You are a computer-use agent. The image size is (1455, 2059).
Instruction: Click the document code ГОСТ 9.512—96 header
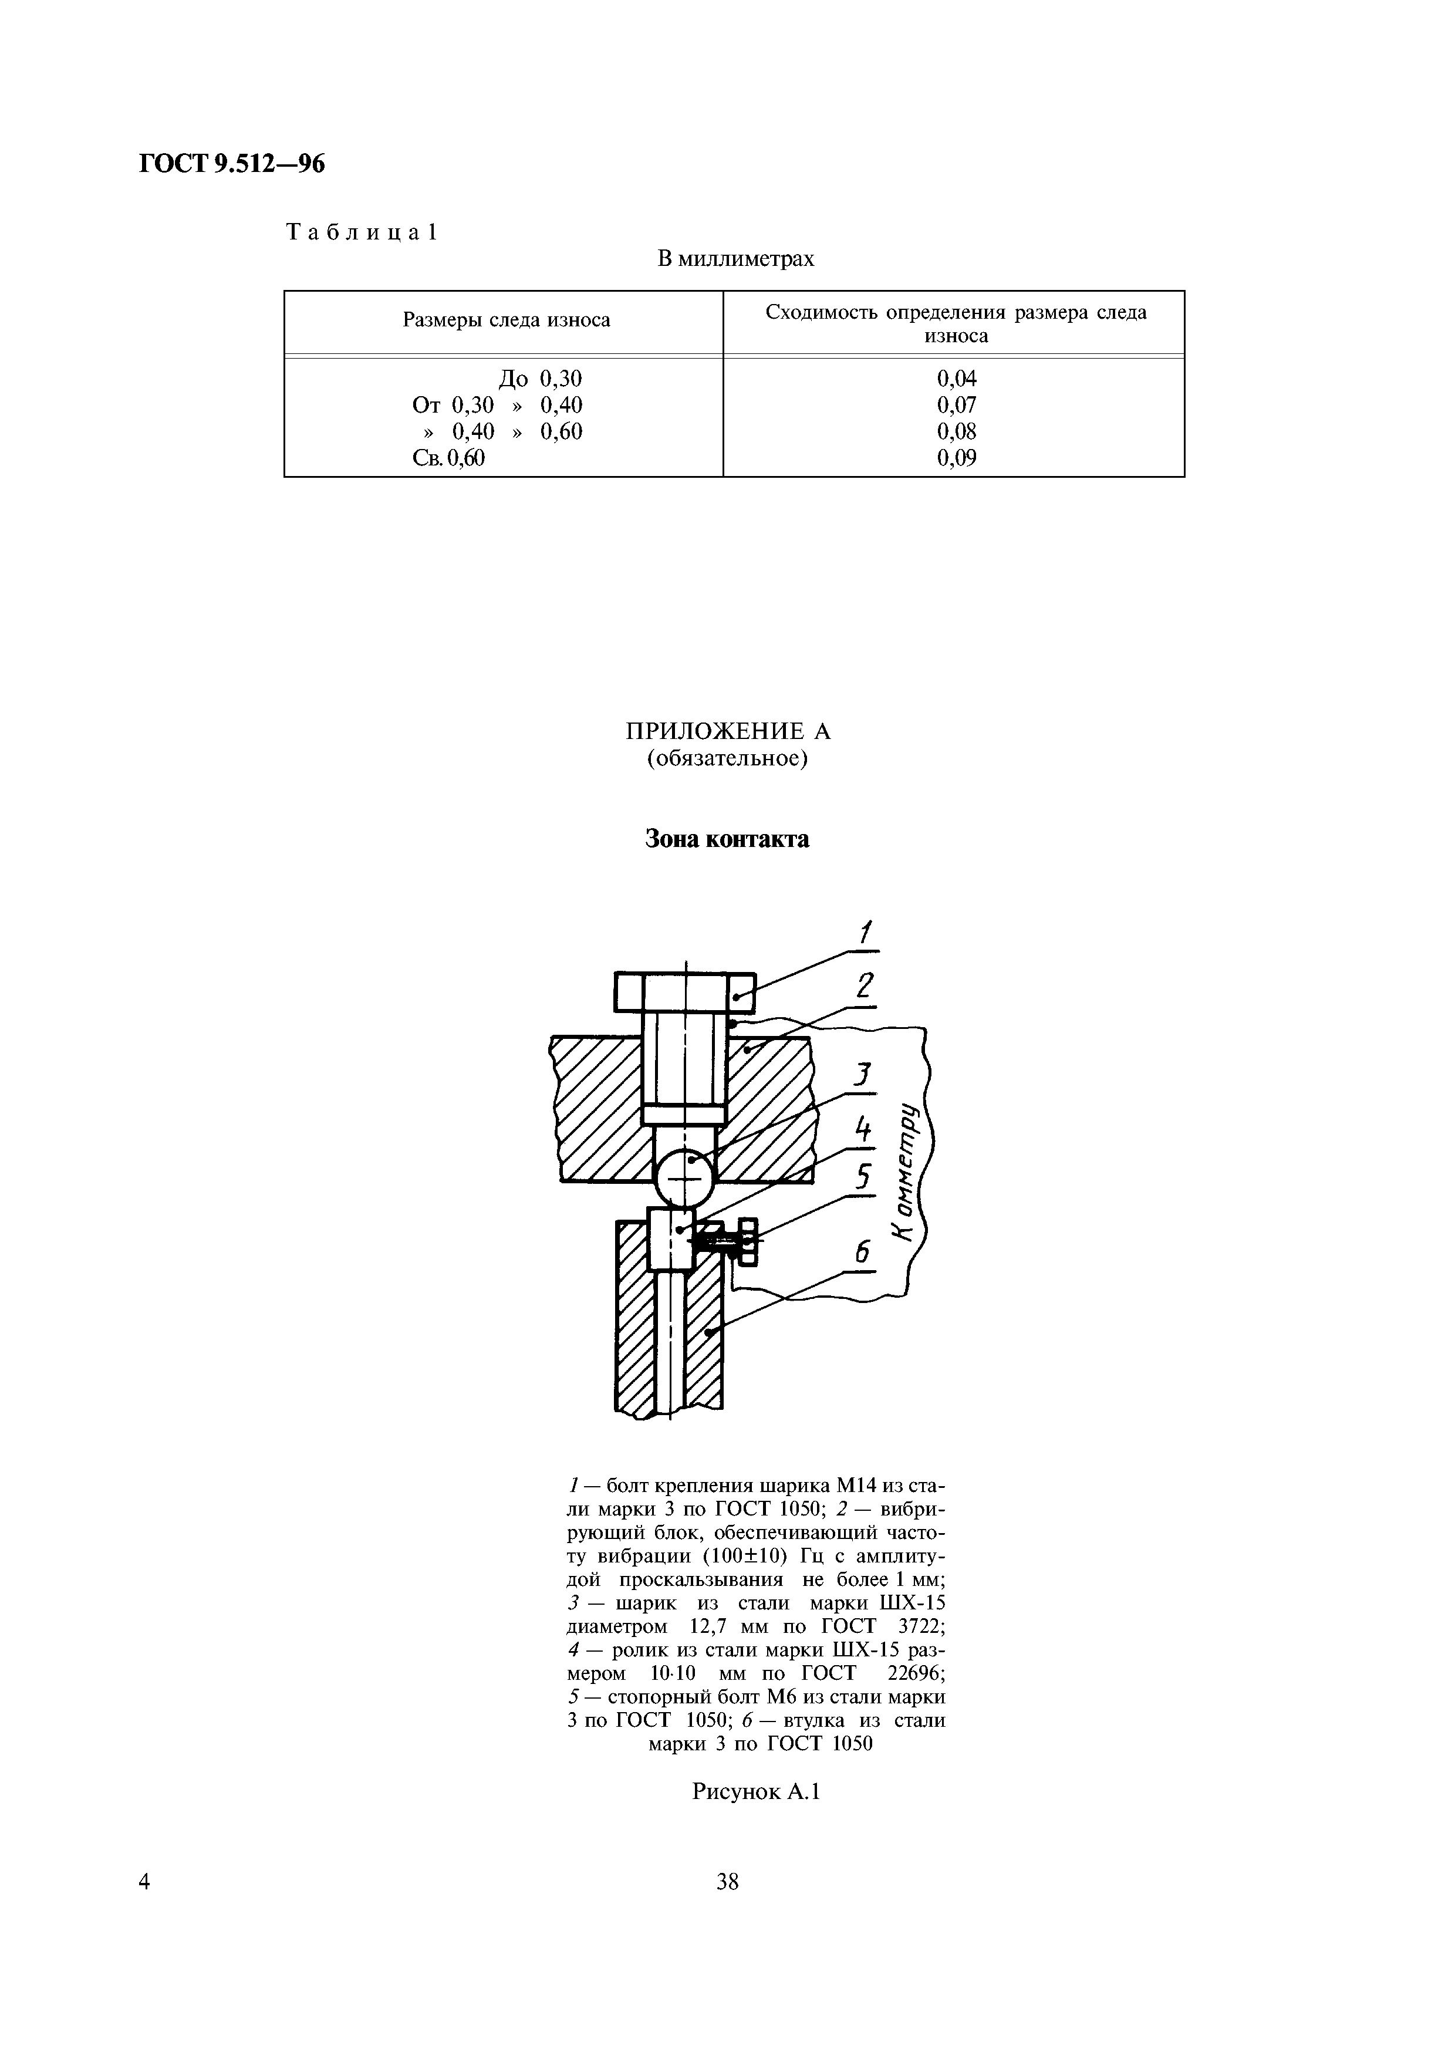(231, 164)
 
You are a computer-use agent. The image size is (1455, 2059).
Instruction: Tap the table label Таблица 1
(362, 232)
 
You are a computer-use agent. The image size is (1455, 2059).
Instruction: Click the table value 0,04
(957, 379)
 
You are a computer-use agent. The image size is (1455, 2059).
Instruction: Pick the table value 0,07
(957, 406)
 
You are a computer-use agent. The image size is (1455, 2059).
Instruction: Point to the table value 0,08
(957, 431)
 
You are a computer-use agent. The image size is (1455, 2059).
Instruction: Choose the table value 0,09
(957, 458)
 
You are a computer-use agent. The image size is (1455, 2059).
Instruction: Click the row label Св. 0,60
(448, 458)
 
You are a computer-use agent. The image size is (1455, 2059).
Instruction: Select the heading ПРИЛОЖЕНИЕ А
(728, 732)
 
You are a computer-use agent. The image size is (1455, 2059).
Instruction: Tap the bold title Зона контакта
(727, 839)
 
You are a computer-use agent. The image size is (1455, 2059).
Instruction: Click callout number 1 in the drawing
(865, 934)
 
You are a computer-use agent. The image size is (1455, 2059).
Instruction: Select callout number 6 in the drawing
(862, 1253)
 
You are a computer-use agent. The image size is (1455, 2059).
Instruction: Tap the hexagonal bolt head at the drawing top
(685, 993)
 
